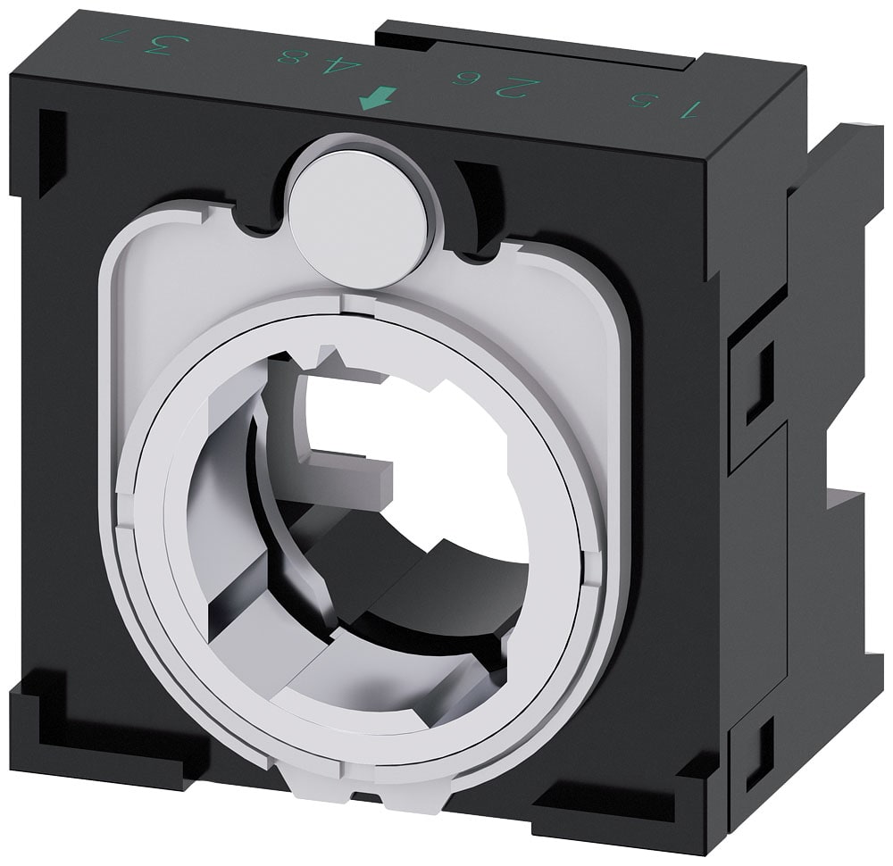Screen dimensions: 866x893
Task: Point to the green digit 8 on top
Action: pos(288,57)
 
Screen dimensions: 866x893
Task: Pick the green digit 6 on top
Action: pos(465,78)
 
